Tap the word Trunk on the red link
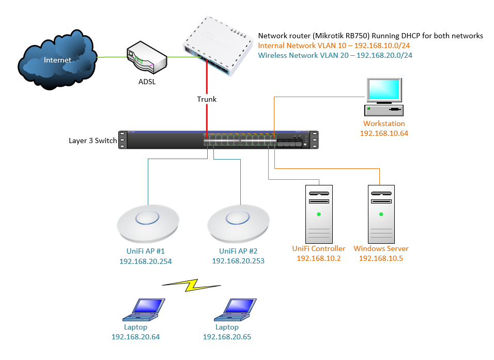pyautogui.click(x=207, y=99)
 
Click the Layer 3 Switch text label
pyautogui.click(x=93, y=140)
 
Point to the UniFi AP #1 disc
pyautogui.click(x=148, y=223)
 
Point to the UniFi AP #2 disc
pyautogui.click(x=238, y=224)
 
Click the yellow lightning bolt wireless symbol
pyautogui.click(x=192, y=285)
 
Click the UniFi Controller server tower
pyautogui.click(x=319, y=212)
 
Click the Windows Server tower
pyautogui.click(x=380, y=212)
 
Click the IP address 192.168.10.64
pyautogui.click(x=384, y=133)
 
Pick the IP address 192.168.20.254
pyautogui.click(x=145, y=261)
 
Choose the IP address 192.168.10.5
pyautogui.click(x=381, y=258)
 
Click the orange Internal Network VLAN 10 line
pyautogui.click(x=335, y=45)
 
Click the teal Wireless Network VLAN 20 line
pyautogui.click(x=335, y=55)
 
